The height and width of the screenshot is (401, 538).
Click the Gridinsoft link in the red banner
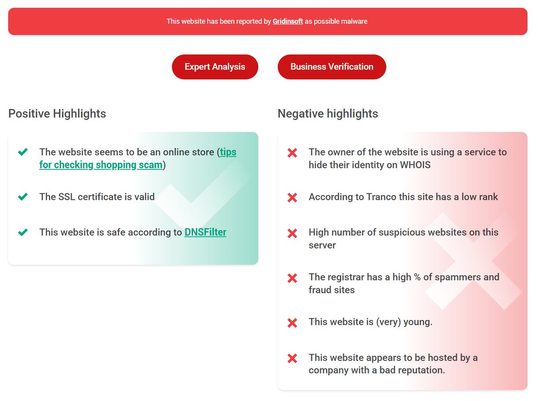coord(288,22)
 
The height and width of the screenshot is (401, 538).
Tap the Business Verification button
coord(332,67)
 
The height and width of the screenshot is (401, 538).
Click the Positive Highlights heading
coord(57,113)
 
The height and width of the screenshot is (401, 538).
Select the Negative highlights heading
coord(328,113)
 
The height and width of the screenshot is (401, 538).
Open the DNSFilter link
coord(205,232)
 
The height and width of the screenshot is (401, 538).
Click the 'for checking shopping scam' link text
coord(101,165)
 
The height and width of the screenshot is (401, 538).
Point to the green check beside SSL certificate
coord(23,196)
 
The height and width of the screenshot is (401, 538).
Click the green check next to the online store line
coord(23,152)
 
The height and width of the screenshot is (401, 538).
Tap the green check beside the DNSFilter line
coord(23,232)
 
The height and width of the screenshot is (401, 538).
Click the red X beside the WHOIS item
coord(292,153)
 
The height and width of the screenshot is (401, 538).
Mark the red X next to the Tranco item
coord(292,198)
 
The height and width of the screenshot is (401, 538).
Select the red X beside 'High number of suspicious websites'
coord(292,233)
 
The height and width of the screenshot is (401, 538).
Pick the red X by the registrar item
coord(292,278)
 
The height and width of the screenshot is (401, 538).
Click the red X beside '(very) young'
coord(292,323)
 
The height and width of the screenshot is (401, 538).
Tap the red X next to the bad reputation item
coord(292,358)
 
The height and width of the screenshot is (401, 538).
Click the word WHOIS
coord(415,165)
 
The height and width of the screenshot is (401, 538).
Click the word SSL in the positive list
coord(67,197)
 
